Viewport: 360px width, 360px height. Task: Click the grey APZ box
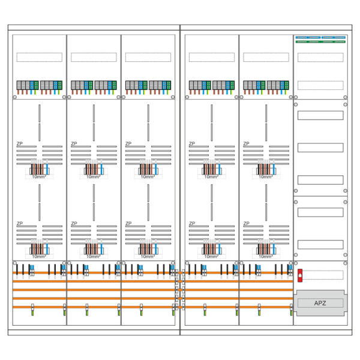pos(320,303)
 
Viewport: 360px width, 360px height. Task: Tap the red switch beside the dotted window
pos(300,275)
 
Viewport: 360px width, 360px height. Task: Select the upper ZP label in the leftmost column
pos(20,144)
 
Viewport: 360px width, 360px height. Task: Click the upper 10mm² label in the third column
pos(148,176)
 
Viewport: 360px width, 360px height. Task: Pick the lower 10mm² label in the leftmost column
pos(39,256)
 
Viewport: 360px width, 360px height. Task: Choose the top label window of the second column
pos(94,57)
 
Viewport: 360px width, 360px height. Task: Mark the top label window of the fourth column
pos(211,57)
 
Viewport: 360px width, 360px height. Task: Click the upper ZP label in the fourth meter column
pos(192,144)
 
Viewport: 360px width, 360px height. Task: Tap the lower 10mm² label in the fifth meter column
pos(265,256)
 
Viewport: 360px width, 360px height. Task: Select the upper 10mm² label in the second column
pos(93,176)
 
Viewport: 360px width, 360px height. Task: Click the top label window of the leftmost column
pos(39,57)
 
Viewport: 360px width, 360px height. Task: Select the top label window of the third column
pos(148,57)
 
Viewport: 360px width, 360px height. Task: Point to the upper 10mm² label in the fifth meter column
pos(265,176)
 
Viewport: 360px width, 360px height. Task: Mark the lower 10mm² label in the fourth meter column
pos(211,256)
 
